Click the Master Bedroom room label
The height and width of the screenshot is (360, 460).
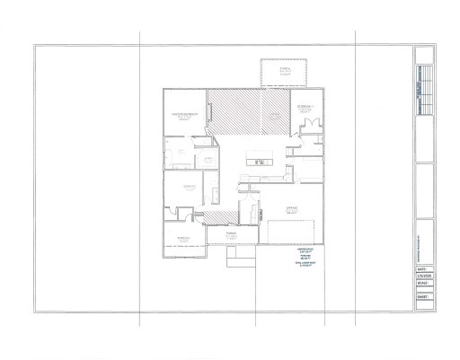point(184,116)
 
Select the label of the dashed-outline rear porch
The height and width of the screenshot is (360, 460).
point(285,71)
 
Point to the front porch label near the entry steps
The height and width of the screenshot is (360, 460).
point(231,236)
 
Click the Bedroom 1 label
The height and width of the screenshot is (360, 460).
point(307,108)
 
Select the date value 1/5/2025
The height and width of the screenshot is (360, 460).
point(424,275)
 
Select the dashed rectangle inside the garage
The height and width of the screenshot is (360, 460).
point(291,230)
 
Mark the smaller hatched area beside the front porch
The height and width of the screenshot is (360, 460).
point(216,219)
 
